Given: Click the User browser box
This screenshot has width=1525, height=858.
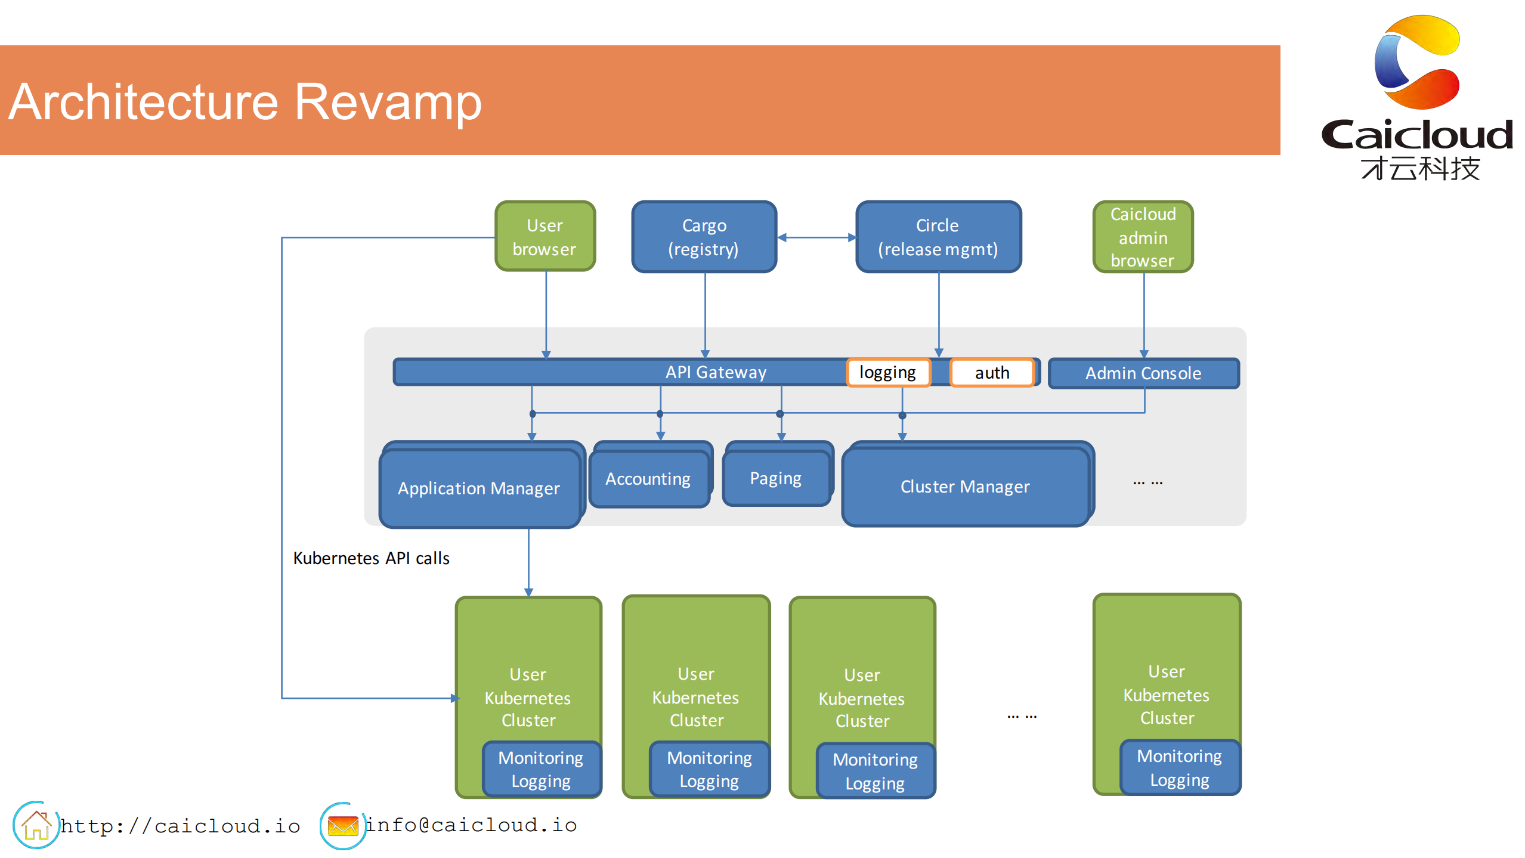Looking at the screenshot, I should (x=545, y=237).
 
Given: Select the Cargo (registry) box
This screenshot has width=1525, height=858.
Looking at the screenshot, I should (x=704, y=237).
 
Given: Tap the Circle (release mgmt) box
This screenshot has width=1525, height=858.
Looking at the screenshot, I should (x=938, y=237).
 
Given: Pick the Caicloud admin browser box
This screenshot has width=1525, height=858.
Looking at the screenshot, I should (x=1143, y=237).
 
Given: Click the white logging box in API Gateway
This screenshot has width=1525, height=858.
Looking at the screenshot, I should (x=887, y=373).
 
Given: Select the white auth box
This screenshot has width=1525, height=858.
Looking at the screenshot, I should (x=992, y=373).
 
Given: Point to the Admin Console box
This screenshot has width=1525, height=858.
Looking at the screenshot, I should (x=1143, y=373).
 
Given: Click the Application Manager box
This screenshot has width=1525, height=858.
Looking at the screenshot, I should (x=479, y=488).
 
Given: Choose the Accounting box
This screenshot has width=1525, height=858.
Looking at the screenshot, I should (x=648, y=479).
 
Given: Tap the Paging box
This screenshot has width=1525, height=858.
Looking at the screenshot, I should (x=775, y=478).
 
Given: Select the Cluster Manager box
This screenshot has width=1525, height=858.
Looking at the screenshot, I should (x=964, y=487).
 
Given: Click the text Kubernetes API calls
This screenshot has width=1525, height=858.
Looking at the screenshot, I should (x=371, y=558).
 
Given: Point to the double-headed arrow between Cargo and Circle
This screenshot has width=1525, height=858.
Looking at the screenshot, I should (x=816, y=237).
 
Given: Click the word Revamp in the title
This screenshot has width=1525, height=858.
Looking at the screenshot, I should (x=388, y=102).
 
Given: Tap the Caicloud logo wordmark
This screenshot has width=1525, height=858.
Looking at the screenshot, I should (x=1417, y=135).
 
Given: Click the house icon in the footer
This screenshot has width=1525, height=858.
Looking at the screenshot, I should (x=36, y=825).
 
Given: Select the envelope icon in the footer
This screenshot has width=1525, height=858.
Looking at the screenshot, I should (x=343, y=826).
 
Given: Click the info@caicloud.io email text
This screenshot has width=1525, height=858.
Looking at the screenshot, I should (x=471, y=825).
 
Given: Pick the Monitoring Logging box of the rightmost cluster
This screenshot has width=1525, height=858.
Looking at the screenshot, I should (x=1179, y=768).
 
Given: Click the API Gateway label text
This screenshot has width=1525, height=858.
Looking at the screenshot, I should (x=716, y=372).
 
